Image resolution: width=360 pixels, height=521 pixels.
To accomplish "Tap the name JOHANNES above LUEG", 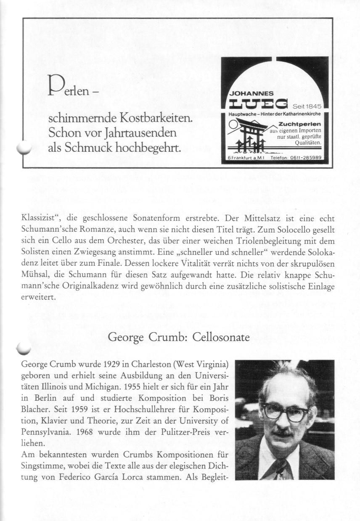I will (x=251, y=93).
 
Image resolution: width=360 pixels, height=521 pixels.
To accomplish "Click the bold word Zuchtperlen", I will (x=300, y=124).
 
